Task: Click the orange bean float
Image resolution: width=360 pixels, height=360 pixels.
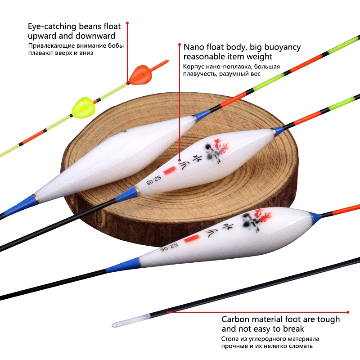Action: (136, 75)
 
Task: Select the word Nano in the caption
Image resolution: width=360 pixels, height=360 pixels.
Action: (194, 47)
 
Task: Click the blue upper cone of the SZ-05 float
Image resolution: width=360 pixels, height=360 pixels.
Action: (278, 131)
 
